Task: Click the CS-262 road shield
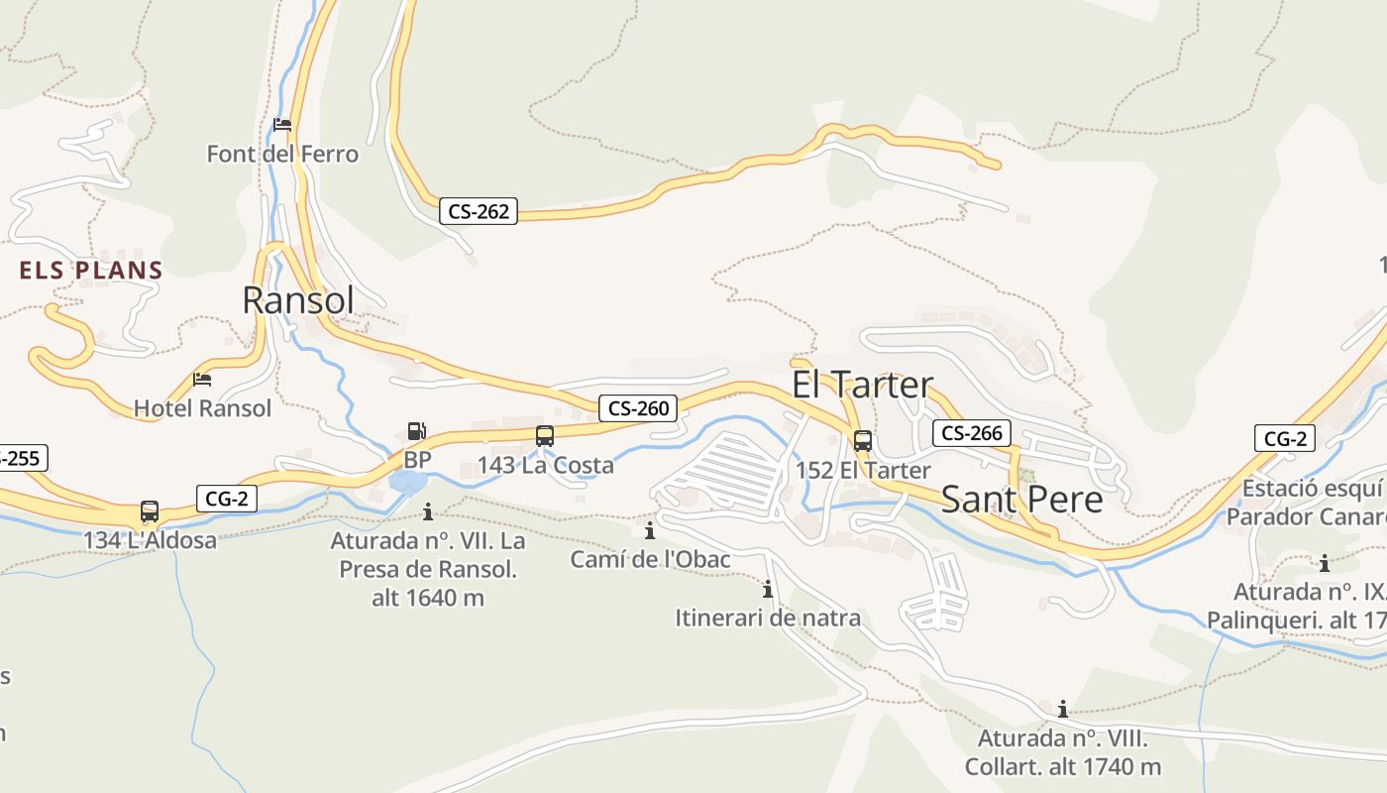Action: (x=479, y=211)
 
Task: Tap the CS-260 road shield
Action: (x=638, y=407)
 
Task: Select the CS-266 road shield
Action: (x=971, y=433)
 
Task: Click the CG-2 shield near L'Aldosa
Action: (x=227, y=499)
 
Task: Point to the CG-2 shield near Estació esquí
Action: (x=1284, y=438)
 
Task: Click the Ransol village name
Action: (x=297, y=299)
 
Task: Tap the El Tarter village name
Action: (x=862, y=385)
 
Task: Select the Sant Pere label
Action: (x=1021, y=499)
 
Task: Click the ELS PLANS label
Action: (x=91, y=270)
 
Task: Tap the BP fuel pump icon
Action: (x=417, y=431)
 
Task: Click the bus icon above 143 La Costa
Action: (x=544, y=435)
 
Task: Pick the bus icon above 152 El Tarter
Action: (x=862, y=440)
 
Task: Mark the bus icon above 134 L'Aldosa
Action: (x=149, y=511)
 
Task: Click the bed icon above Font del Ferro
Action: (x=282, y=125)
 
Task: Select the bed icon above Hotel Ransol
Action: (x=202, y=379)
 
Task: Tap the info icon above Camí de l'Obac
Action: (x=650, y=530)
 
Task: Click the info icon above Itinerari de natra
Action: (x=767, y=589)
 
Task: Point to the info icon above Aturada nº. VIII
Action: (x=1062, y=709)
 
